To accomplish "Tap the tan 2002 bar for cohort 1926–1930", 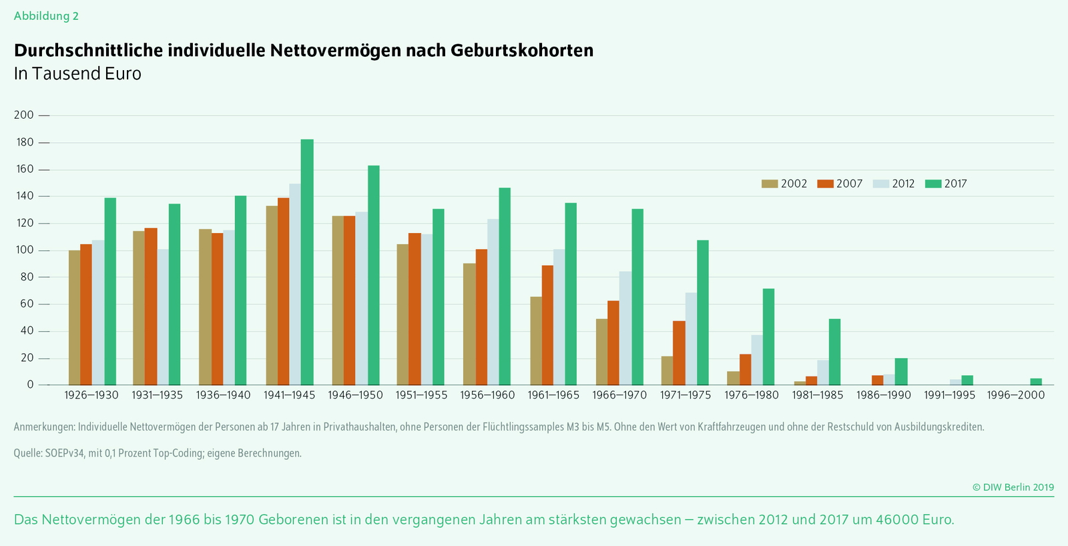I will tap(74, 318).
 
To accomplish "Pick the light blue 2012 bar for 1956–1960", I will tap(493, 302).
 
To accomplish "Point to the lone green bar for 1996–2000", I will tap(1036, 382).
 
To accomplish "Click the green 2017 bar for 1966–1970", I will tap(637, 297).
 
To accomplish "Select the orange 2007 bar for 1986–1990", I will tap(878, 380).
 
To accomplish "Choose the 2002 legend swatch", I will tap(770, 184).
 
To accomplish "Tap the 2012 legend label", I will tap(903, 184).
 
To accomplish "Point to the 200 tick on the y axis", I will tap(24, 115).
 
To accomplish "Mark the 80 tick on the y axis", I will tap(27, 277).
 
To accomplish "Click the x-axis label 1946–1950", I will tap(355, 395).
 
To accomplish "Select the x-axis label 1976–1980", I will tap(752, 395).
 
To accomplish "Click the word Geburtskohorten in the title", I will tap(522, 50).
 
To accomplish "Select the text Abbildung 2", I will tap(46, 16).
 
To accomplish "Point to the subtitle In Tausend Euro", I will tap(77, 73).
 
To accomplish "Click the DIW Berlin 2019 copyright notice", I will tap(1013, 487).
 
